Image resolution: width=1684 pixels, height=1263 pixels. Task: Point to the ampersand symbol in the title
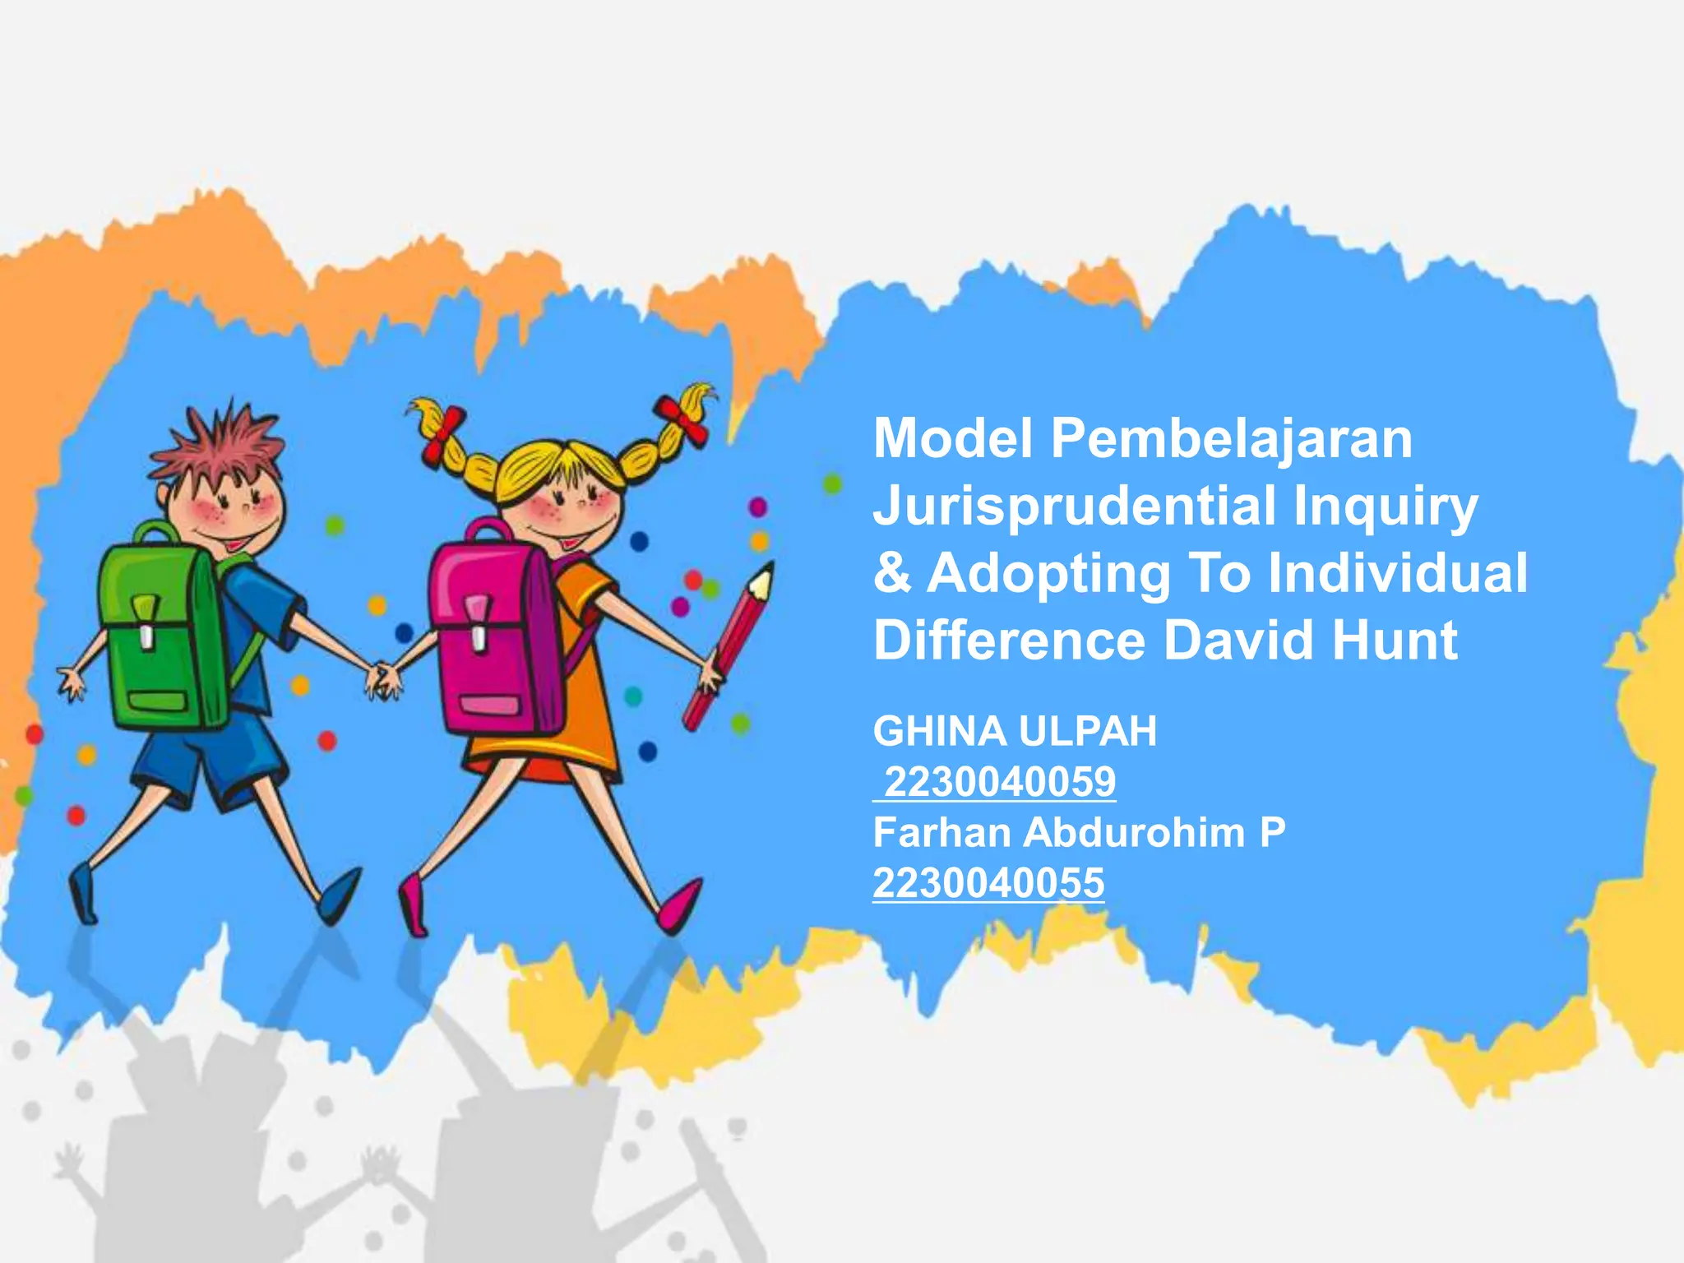(x=892, y=573)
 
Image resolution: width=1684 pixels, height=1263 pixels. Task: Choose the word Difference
(x=1009, y=641)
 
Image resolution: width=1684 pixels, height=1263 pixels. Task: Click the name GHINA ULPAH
(x=1015, y=731)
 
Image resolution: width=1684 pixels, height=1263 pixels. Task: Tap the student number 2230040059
(x=999, y=782)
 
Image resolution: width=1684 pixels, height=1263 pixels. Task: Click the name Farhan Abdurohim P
(x=1079, y=833)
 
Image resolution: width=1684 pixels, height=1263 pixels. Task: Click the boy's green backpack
(x=160, y=633)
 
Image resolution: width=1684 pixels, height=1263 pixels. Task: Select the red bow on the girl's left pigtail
(x=443, y=432)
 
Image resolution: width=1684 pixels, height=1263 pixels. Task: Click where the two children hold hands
(x=383, y=678)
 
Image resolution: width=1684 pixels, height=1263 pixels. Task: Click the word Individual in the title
(x=1397, y=573)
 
